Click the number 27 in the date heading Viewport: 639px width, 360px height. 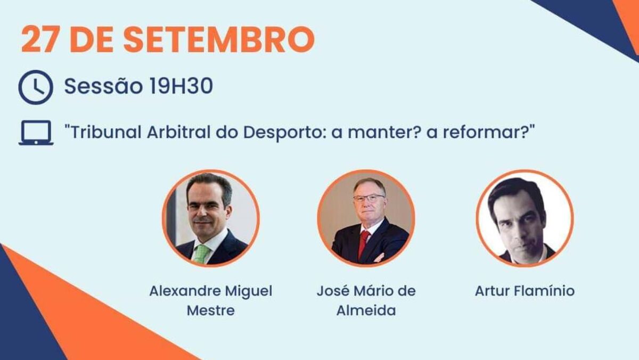[x=39, y=39]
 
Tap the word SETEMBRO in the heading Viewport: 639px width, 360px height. [x=219, y=39]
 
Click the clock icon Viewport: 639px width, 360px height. [x=36, y=87]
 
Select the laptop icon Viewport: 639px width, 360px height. [x=36, y=133]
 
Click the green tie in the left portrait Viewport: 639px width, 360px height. [x=201, y=253]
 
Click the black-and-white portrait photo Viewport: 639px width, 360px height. [x=525, y=218]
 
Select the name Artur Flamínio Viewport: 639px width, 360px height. [x=525, y=291]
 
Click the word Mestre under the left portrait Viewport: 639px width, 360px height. [x=211, y=310]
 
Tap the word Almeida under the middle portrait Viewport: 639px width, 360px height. [x=366, y=310]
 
